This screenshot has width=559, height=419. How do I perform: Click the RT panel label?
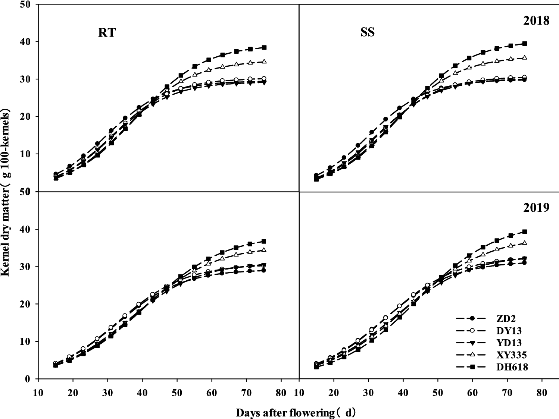click(x=107, y=33)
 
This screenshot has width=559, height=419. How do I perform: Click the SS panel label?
click(x=367, y=33)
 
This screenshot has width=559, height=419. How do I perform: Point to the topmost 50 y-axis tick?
click(x=28, y=4)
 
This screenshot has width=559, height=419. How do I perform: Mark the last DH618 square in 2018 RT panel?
click(x=264, y=47)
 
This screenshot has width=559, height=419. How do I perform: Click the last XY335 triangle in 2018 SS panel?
click(x=524, y=58)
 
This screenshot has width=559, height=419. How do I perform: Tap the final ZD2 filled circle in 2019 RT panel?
click(x=263, y=270)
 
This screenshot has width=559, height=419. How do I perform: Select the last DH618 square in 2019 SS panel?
click(x=524, y=231)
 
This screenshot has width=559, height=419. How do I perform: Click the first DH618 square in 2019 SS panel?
click(x=316, y=367)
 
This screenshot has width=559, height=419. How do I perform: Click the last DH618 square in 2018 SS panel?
click(x=524, y=44)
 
